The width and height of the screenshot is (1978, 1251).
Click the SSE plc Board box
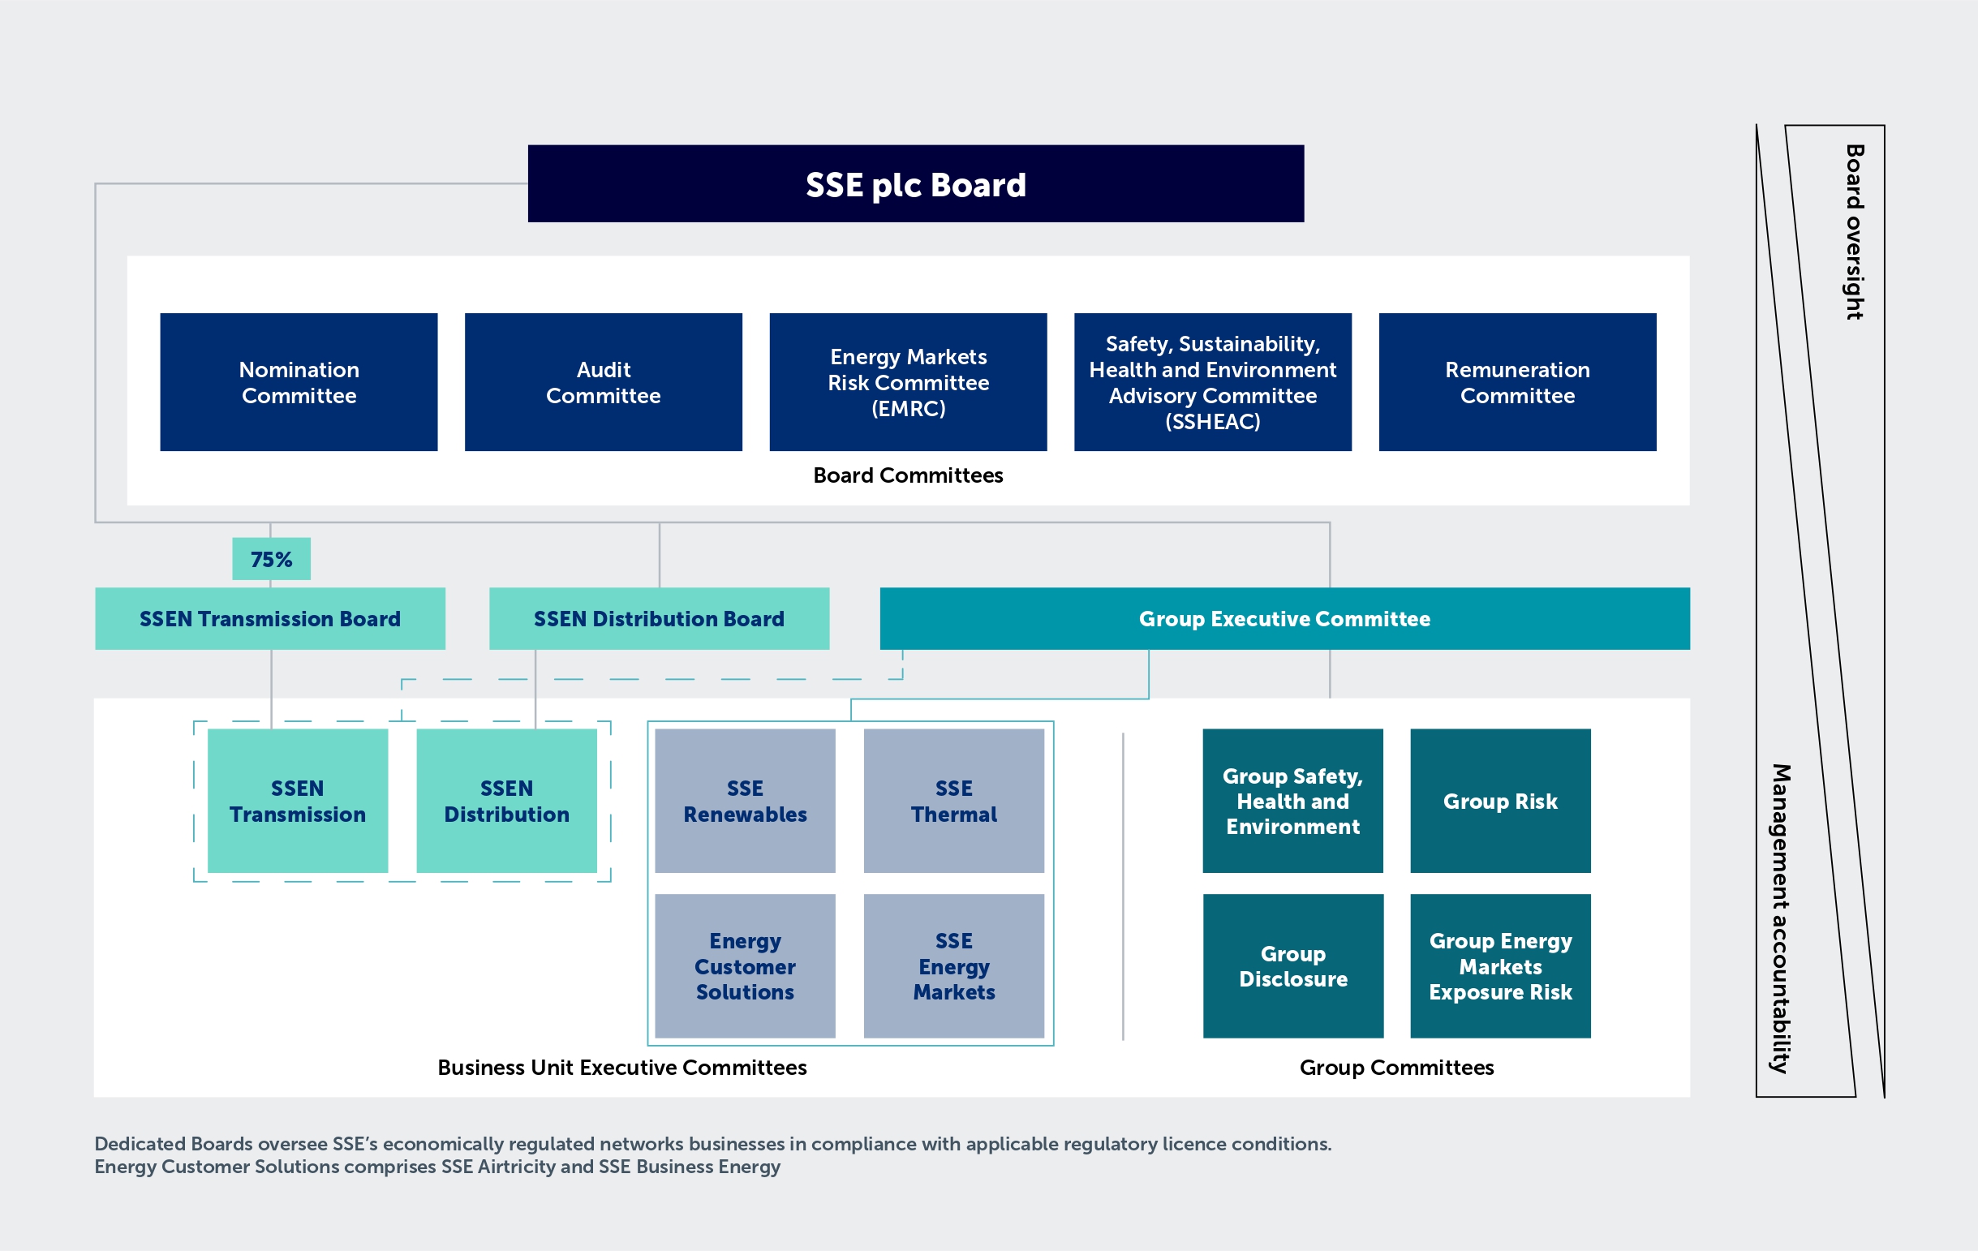click(915, 184)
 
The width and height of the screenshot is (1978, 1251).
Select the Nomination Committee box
click(299, 382)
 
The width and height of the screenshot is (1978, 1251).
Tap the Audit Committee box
click(603, 382)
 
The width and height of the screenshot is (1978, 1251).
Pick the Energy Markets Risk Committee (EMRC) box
click(908, 382)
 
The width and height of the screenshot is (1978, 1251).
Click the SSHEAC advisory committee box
click(1212, 382)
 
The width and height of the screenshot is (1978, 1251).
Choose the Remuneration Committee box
click(1517, 382)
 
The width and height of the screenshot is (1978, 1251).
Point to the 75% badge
click(271, 559)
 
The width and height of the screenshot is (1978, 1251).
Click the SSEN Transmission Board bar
click(269, 618)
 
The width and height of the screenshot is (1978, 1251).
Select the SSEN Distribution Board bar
click(659, 618)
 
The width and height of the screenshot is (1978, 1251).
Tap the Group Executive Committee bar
click(1284, 618)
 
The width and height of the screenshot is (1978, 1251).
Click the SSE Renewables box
click(745, 801)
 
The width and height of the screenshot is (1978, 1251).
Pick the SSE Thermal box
click(953, 801)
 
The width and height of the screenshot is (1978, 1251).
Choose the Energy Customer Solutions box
click(745, 966)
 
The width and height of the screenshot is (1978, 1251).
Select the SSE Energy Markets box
click(953, 966)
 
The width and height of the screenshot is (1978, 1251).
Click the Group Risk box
click(1500, 801)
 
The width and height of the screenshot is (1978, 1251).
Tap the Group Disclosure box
click(1293, 966)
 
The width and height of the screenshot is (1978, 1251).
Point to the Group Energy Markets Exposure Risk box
click(1500, 966)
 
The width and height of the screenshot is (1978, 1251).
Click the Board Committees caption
click(908, 475)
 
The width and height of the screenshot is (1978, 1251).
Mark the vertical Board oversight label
click(1854, 232)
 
